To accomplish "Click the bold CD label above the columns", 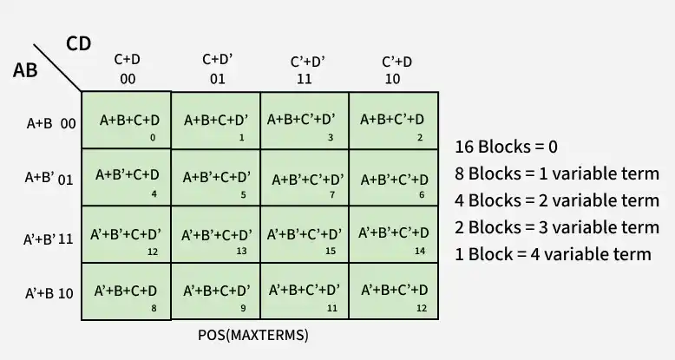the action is [79, 43].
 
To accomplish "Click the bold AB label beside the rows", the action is [25, 69].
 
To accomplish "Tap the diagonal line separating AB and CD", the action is [57, 68].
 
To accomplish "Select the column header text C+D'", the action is [218, 59].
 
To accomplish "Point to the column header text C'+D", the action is [396, 62].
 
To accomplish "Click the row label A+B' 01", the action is [49, 178].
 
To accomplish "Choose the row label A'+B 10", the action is [49, 293].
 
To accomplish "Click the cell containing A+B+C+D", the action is [126, 120].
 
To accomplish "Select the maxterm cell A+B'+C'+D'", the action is [305, 178].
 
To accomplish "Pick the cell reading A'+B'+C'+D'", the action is [305, 234].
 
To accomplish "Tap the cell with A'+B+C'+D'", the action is [305, 291].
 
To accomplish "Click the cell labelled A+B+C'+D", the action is [394, 120].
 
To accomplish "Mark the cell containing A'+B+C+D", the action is [126, 291].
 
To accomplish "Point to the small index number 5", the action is [243, 194].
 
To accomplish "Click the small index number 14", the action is [420, 251].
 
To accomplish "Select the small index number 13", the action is [241, 251].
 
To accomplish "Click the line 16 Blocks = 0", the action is [507, 147].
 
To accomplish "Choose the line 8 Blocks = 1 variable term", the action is [557, 173].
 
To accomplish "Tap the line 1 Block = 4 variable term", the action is [554, 254].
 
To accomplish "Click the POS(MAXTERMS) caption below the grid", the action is [253, 335].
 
